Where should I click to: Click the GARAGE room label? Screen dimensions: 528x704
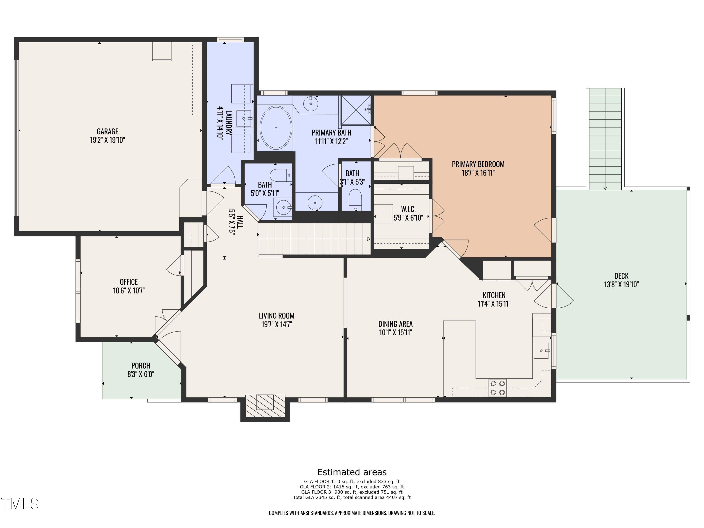pyautogui.click(x=107, y=131)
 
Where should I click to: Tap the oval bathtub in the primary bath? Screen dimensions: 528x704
pyautogui.click(x=276, y=128)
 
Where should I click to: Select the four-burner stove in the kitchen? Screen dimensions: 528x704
pyautogui.click(x=497, y=388)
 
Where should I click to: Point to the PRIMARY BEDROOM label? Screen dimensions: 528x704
pyautogui.click(x=478, y=164)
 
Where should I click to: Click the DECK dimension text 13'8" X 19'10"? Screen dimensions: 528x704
pyautogui.click(x=621, y=284)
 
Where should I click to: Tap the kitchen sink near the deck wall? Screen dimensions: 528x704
pyautogui.click(x=541, y=350)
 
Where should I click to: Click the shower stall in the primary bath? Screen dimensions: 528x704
pyautogui.click(x=356, y=110)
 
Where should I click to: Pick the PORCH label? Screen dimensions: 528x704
pyautogui.click(x=141, y=366)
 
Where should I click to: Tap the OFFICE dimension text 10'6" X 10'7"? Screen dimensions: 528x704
pyautogui.click(x=129, y=291)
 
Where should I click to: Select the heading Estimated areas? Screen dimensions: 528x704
pyautogui.click(x=352, y=472)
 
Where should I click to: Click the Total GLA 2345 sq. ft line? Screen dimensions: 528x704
pyautogui.click(x=352, y=497)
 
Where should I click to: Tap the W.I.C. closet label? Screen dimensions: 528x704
pyautogui.click(x=408, y=209)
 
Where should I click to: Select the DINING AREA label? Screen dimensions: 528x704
pyautogui.click(x=395, y=324)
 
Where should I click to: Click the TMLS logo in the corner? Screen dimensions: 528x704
pyautogui.click(x=20, y=504)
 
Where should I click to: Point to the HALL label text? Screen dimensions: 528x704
pyautogui.click(x=240, y=222)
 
